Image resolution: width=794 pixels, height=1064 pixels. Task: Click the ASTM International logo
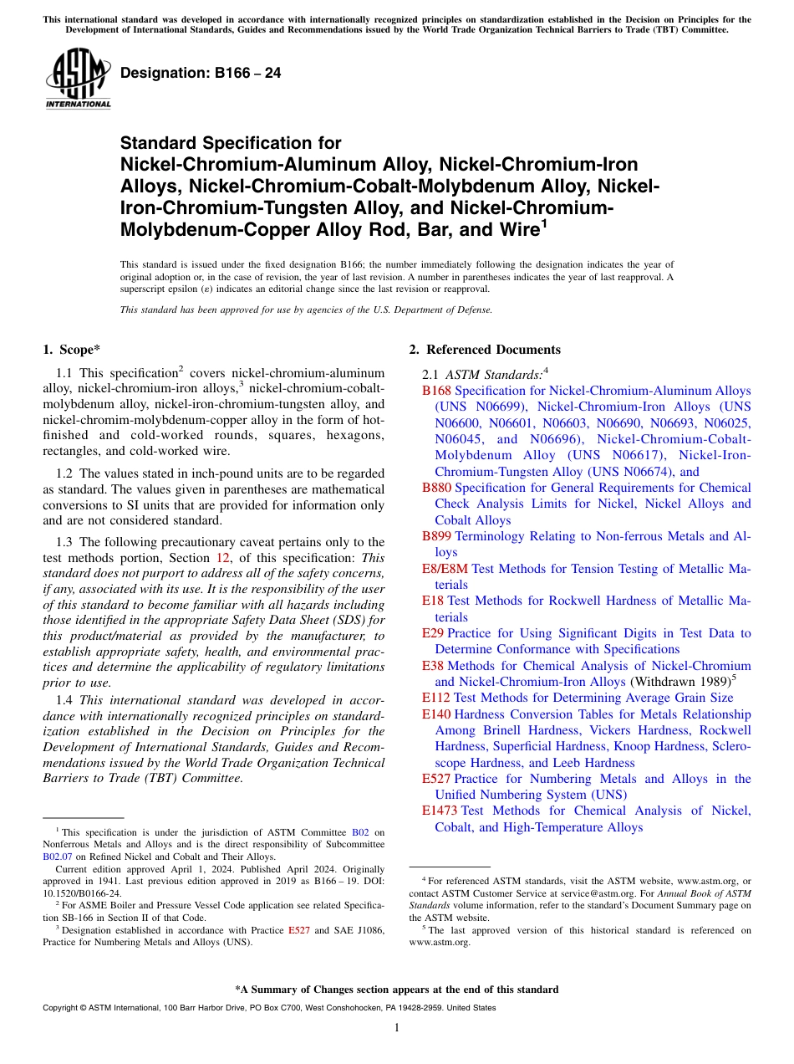(x=78, y=80)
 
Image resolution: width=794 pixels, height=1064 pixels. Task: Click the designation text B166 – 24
(x=201, y=74)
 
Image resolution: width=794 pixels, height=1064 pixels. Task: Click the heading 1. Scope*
(x=74, y=350)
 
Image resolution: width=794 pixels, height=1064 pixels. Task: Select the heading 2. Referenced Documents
(x=484, y=350)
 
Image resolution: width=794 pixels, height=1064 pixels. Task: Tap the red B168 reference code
(x=436, y=391)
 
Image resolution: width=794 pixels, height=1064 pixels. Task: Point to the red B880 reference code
(x=436, y=488)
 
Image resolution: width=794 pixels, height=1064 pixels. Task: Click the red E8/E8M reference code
(x=445, y=569)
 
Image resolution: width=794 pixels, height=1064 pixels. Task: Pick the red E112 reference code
(x=435, y=698)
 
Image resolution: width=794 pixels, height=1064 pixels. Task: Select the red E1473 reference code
(x=439, y=811)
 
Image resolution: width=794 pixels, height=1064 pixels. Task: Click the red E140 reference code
(x=435, y=714)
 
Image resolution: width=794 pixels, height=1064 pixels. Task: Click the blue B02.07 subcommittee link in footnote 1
(x=56, y=857)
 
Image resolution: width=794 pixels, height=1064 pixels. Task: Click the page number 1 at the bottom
(x=397, y=1028)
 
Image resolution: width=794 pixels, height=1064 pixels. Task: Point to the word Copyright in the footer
(x=62, y=1008)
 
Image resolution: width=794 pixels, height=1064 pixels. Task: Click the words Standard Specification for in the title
(x=231, y=143)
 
